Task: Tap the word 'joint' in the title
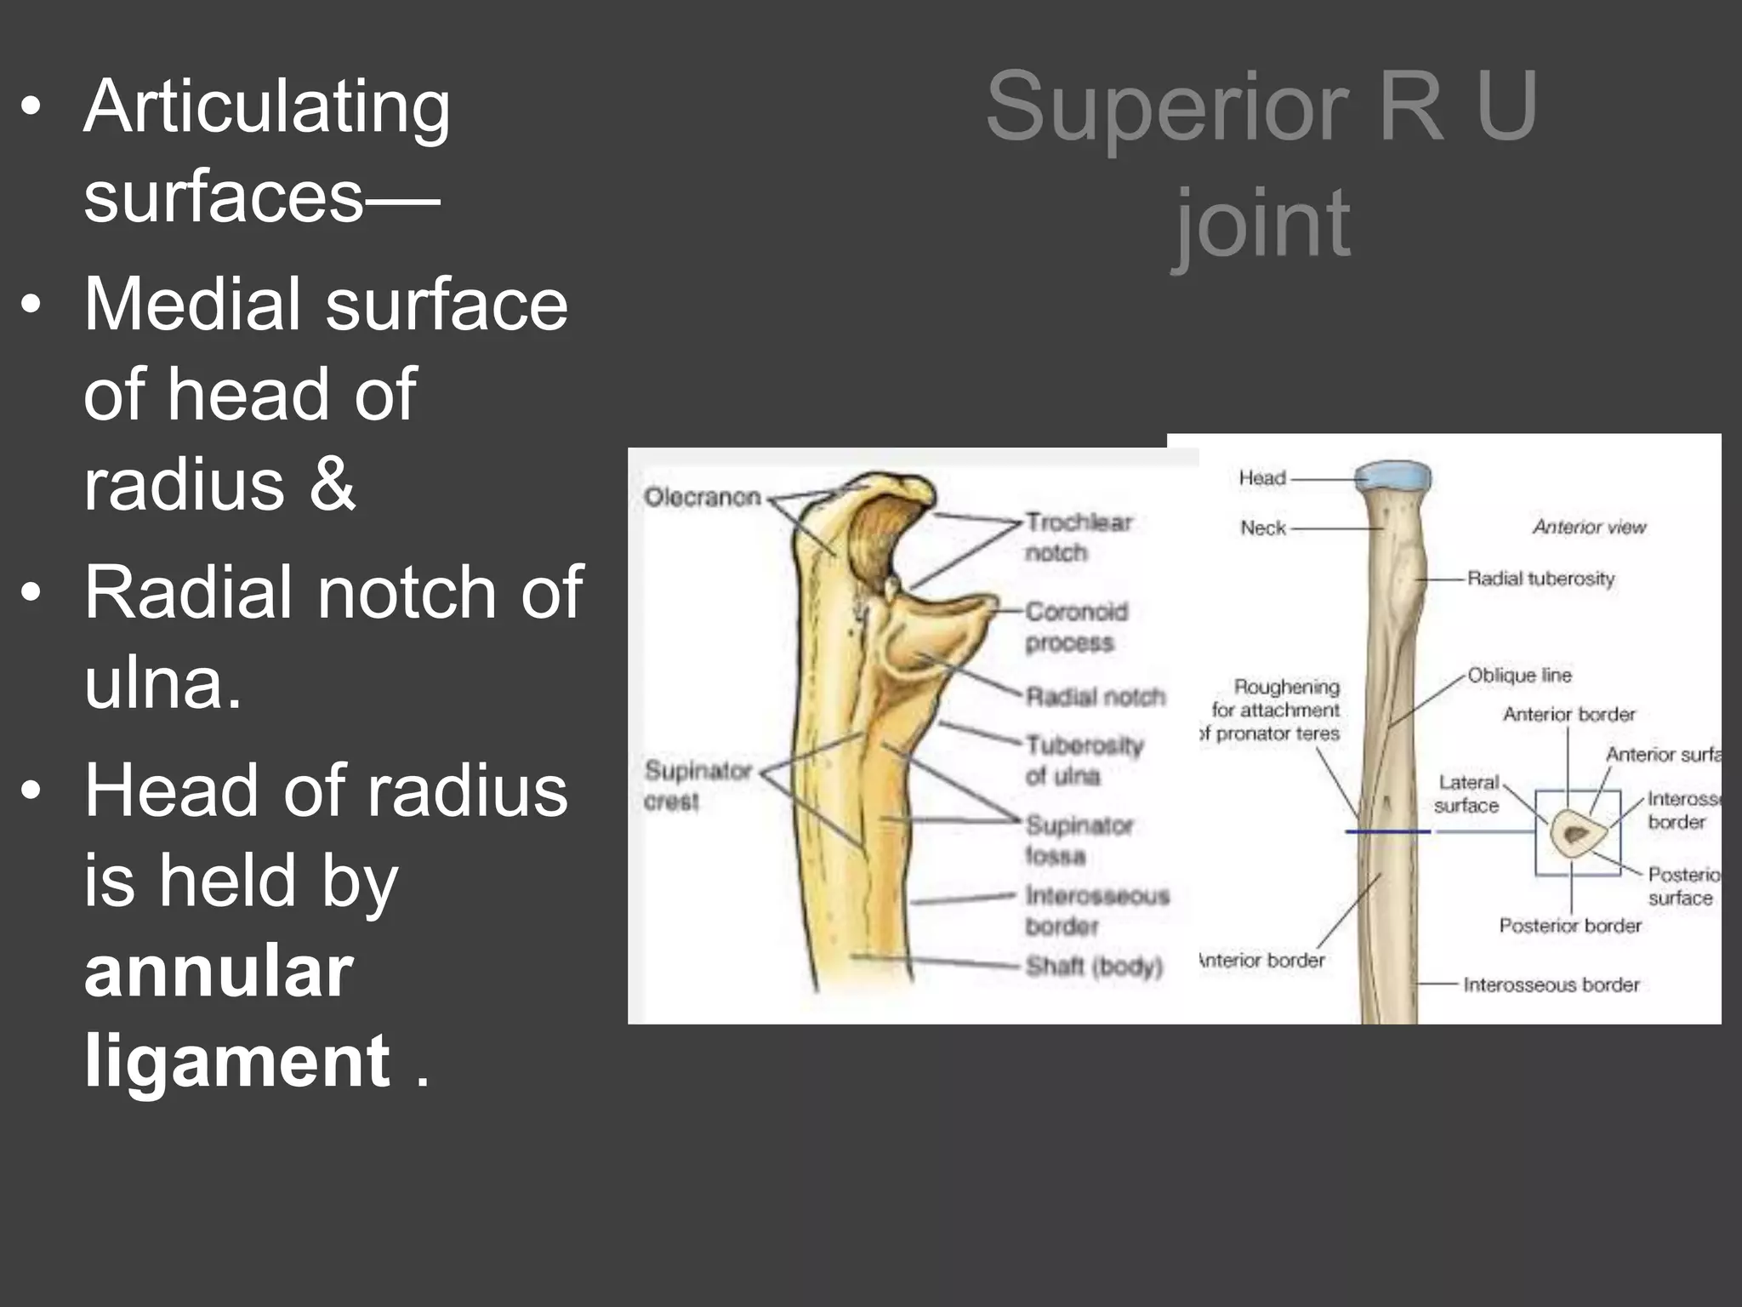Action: (1262, 223)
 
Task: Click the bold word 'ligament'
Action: (236, 1061)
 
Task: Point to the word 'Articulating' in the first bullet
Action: (266, 107)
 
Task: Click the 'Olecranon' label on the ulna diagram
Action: (702, 497)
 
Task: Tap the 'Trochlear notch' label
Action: (1078, 537)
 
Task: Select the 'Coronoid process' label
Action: (1076, 626)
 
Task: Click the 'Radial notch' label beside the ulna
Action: (1096, 697)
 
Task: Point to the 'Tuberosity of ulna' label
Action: (1084, 760)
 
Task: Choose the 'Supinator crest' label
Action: (697, 785)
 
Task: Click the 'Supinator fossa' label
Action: (1079, 840)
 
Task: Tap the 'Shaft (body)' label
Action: (1094, 967)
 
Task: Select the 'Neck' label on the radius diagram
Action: (1262, 528)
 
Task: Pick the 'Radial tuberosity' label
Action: (1540, 579)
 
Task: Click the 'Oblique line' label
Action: (1519, 676)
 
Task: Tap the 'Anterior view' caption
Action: (1589, 528)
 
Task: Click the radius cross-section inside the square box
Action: (1575, 834)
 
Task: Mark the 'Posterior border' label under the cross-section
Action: (1569, 926)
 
